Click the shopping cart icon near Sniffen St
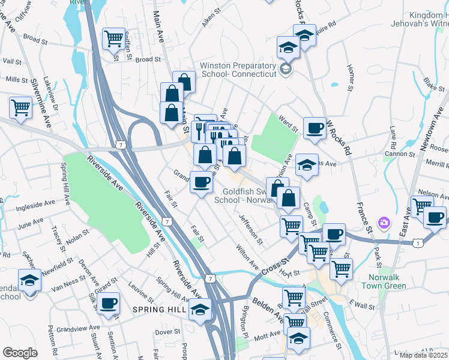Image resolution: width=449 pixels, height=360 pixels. [x=113, y=38]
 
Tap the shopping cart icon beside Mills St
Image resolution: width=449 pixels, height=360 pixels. [x=20, y=108]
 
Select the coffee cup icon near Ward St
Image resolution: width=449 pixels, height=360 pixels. [x=315, y=128]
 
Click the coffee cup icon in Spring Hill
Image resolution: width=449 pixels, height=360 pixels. [x=109, y=304]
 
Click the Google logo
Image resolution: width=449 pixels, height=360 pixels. [x=20, y=353]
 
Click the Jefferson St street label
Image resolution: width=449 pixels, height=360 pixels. [x=250, y=230]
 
